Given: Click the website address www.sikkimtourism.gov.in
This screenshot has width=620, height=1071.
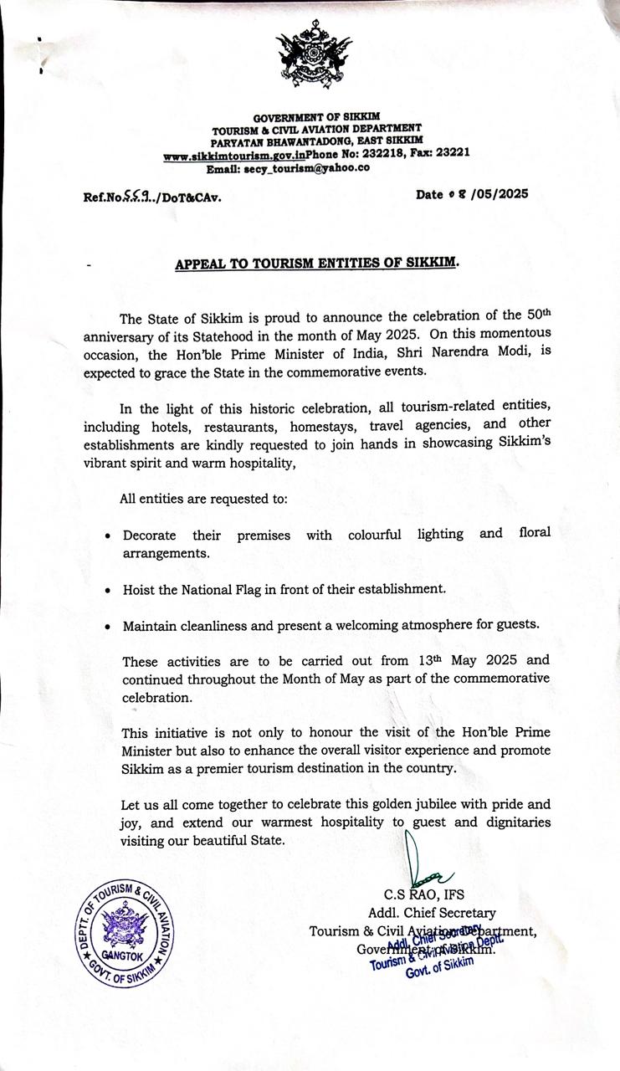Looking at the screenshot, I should [x=234, y=156].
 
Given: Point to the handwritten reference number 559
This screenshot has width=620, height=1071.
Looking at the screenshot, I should [x=136, y=197].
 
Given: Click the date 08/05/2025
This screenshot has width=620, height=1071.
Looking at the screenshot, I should [x=472, y=195].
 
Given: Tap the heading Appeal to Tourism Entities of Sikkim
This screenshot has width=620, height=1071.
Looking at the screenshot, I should [x=317, y=264].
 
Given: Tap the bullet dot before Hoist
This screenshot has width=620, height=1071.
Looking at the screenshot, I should [x=109, y=591].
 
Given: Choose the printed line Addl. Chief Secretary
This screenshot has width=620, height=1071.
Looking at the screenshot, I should [x=432, y=913].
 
